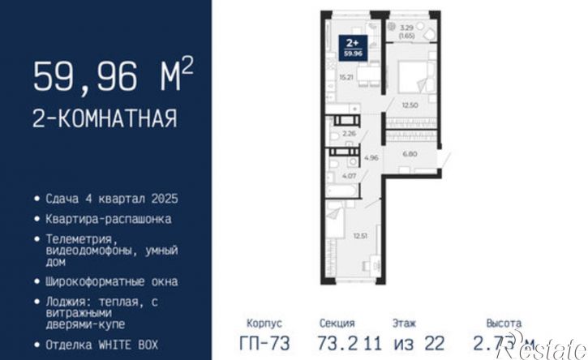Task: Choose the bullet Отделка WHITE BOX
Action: [102, 343]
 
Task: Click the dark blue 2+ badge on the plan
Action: [353, 46]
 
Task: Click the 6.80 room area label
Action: [411, 152]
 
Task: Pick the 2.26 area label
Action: [350, 134]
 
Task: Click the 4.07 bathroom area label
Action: [346, 175]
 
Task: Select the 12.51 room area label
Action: [359, 236]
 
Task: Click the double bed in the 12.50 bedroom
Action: [416, 78]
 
